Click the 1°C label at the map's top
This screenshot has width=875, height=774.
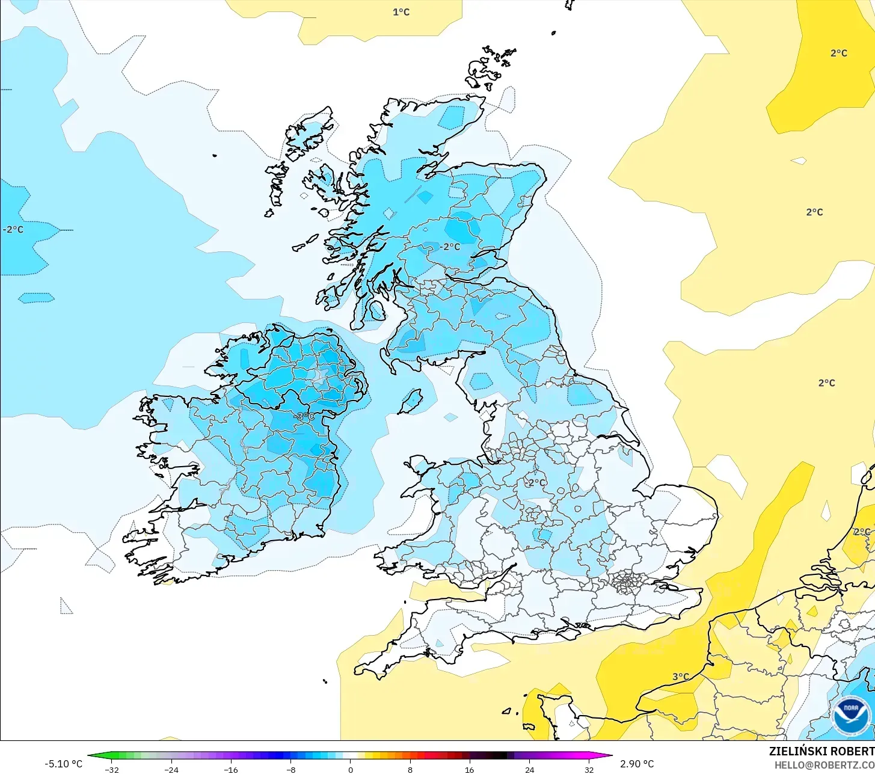[401, 12]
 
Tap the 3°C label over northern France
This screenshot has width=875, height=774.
[681, 677]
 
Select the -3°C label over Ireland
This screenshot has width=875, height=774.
[304, 416]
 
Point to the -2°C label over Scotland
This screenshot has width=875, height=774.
[449, 247]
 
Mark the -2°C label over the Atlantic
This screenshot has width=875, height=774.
[13, 230]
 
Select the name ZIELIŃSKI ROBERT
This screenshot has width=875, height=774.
[821, 751]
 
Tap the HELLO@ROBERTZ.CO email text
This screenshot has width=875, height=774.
[824, 765]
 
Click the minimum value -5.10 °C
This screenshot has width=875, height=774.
[63, 764]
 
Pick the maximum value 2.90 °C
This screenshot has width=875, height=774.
[637, 764]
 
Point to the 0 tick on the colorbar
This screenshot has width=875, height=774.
[350, 769]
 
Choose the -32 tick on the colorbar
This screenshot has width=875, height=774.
[111, 769]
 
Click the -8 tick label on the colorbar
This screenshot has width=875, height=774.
[290, 769]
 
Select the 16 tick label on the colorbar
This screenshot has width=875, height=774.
[469, 769]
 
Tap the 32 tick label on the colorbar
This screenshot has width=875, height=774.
[589, 769]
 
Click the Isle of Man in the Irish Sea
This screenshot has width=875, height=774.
[411, 401]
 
